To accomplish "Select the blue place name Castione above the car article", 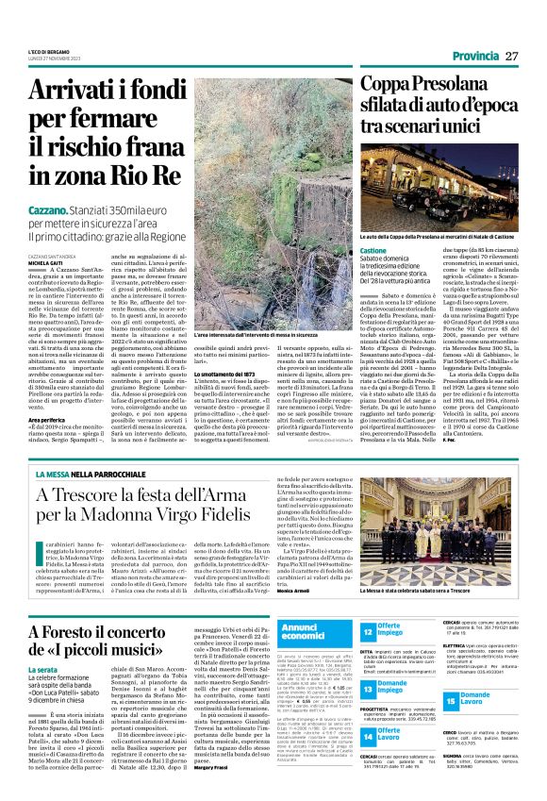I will [x=373, y=250].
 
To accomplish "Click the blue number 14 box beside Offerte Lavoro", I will [x=368, y=732].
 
